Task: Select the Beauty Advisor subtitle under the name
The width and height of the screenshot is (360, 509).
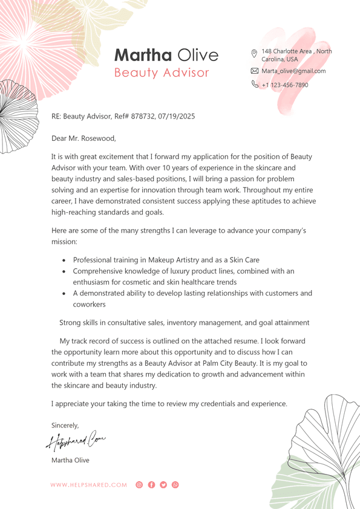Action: tap(162, 73)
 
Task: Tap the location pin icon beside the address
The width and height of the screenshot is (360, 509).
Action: tap(254, 53)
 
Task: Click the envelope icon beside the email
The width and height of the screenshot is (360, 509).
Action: tap(254, 71)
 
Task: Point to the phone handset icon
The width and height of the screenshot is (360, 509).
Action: tap(254, 85)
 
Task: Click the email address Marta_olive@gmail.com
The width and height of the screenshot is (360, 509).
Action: tap(293, 71)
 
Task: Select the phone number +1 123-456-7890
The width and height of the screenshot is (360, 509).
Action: tap(285, 85)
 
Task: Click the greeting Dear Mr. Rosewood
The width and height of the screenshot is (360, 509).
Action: tap(83, 138)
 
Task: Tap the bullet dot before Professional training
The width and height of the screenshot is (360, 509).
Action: tap(65, 261)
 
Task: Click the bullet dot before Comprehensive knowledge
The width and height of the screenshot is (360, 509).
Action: tap(65, 272)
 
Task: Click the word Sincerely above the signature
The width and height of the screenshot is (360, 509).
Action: tap(65, 425)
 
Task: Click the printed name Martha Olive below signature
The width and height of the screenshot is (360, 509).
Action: tap(70, 460)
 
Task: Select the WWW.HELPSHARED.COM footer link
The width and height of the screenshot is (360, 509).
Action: tap(89, 485)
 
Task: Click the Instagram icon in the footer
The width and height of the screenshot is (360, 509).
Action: tap(139, 485)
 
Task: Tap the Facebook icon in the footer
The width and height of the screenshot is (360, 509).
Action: tap(151, 485)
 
